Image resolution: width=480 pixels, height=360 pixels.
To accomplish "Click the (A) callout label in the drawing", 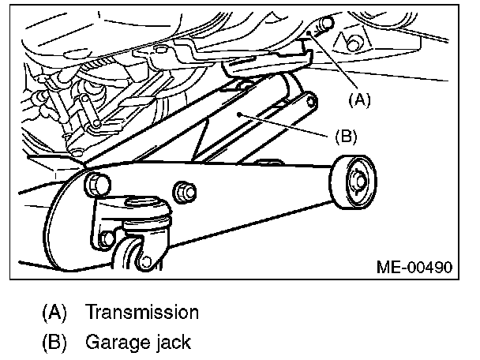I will (358, 100).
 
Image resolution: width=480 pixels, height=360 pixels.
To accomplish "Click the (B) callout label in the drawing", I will (346, 136).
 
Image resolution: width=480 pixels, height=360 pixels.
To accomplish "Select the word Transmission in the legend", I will (142, 312).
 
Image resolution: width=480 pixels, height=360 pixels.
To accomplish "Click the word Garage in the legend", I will (114, 343).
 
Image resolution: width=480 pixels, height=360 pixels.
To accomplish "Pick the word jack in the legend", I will (171, 343).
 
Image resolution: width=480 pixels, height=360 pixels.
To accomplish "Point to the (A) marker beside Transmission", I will (54, 312).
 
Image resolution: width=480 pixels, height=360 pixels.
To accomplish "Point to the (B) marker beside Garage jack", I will (54, 343).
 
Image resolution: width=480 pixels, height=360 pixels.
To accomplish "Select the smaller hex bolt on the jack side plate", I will (186, 190).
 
